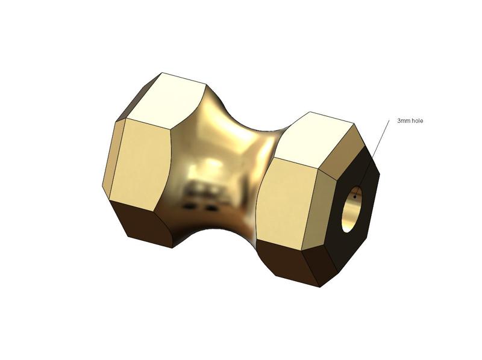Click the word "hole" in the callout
click(417, 121)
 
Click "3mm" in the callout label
click(403, 121)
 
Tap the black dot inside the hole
click(355, 196)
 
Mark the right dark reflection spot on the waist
click(211, 208)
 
